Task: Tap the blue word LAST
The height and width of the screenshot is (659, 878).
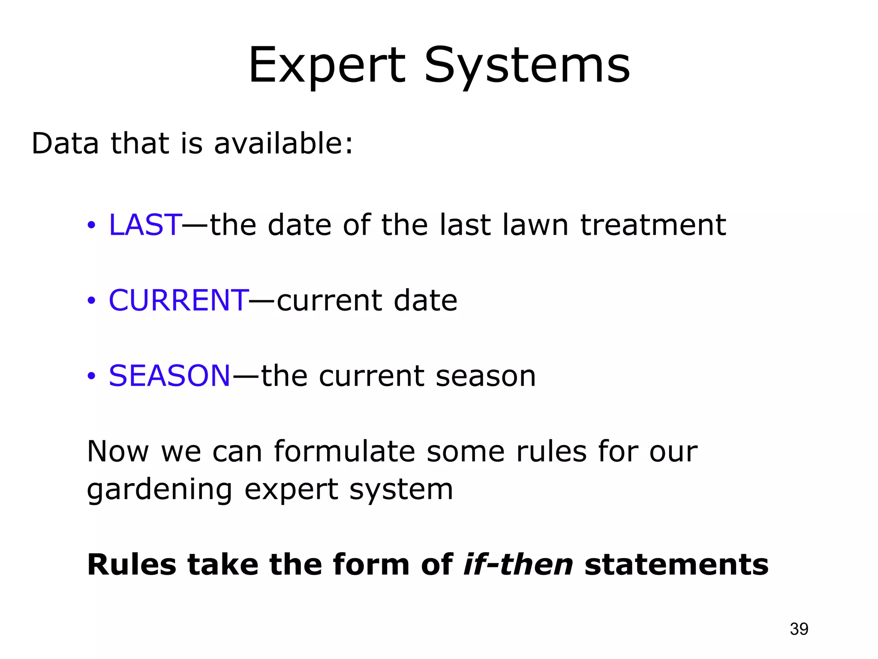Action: [145, 225]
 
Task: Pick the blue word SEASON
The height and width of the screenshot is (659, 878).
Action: [170, 375]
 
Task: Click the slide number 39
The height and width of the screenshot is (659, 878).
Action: [799, 629]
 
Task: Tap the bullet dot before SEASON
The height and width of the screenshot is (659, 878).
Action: [91, 376]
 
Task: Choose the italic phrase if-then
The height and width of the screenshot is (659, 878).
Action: [518, 565]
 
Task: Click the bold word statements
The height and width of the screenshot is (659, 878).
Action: [677, 565]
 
